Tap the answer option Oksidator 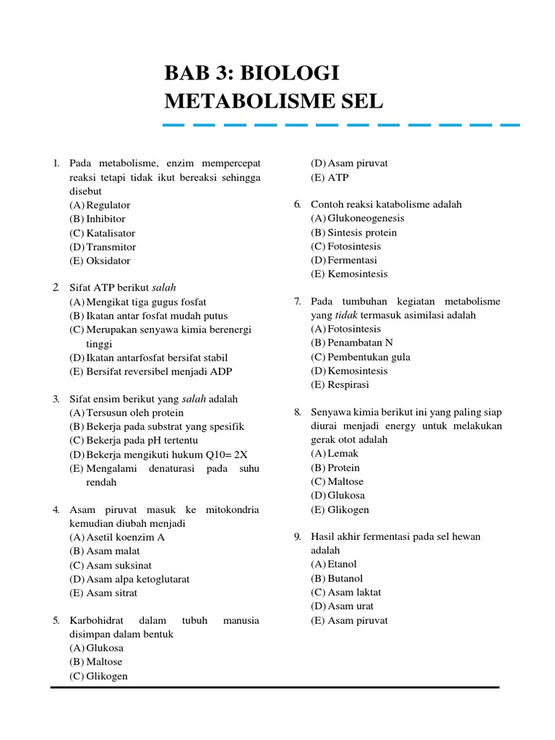click(108, 261)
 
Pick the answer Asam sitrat click(111, 593)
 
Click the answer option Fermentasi click(352, 260)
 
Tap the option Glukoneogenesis click(366, 218)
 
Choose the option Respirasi click(348, 384)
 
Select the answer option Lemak click(343, 453)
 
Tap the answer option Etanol click(342, 564)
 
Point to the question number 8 click(297, 412)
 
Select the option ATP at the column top click(337, 177)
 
